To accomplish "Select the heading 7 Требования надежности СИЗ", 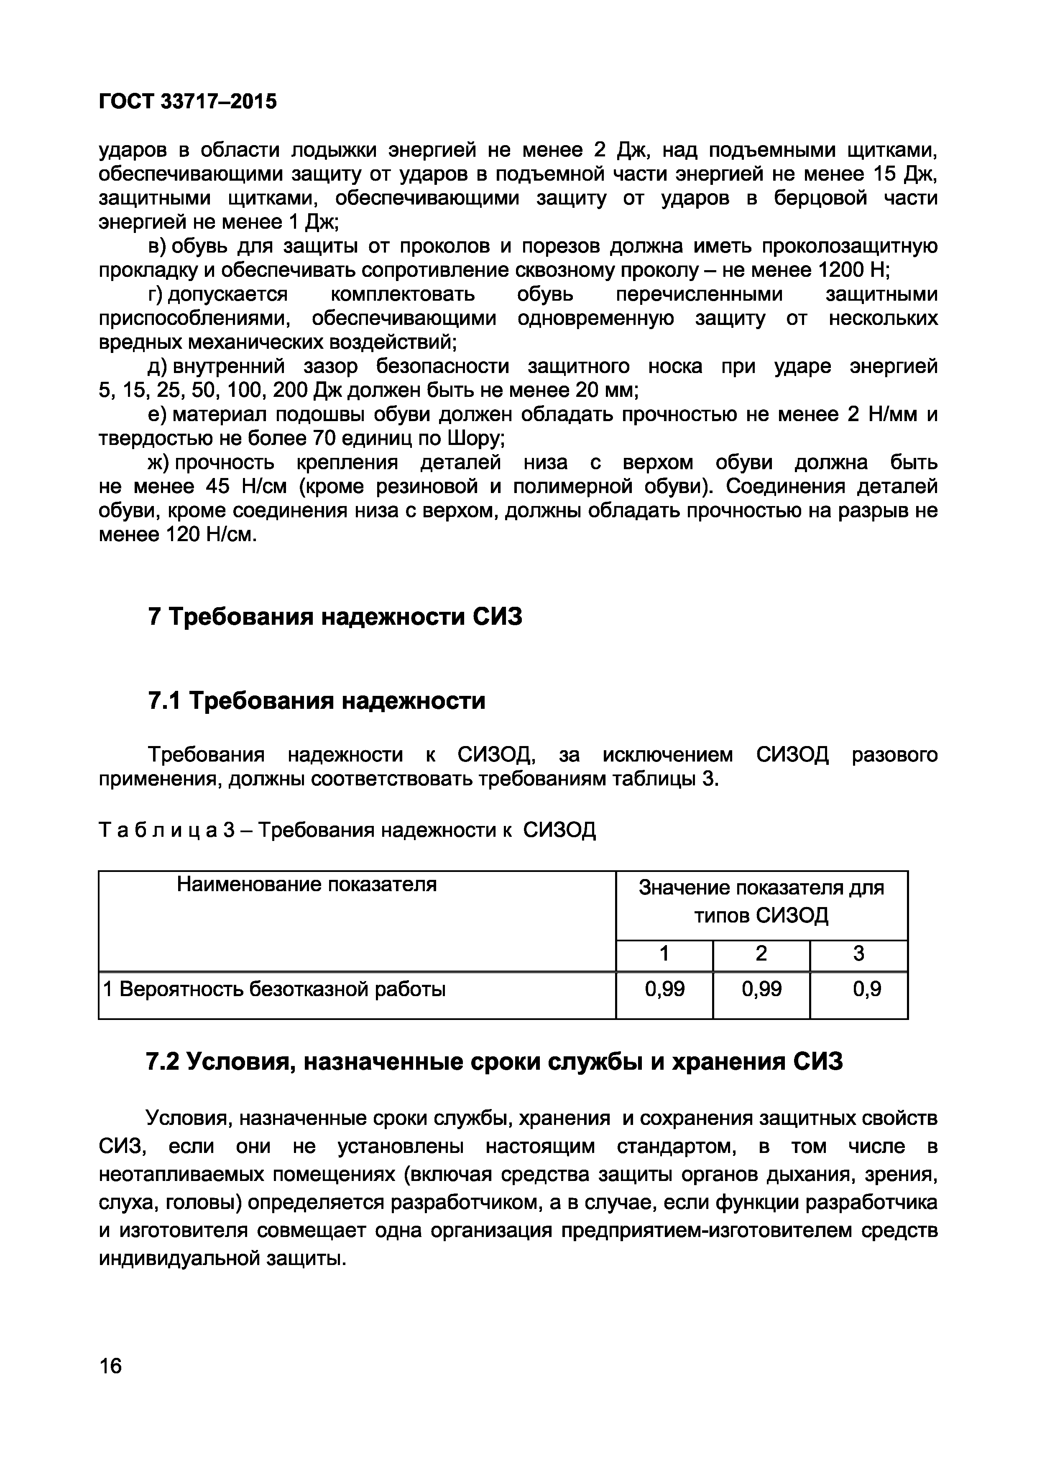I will [335, 617].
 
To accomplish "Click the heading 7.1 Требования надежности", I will [316, 701].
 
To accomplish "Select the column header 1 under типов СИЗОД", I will [664, 954].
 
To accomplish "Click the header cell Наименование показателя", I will [307, 884].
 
